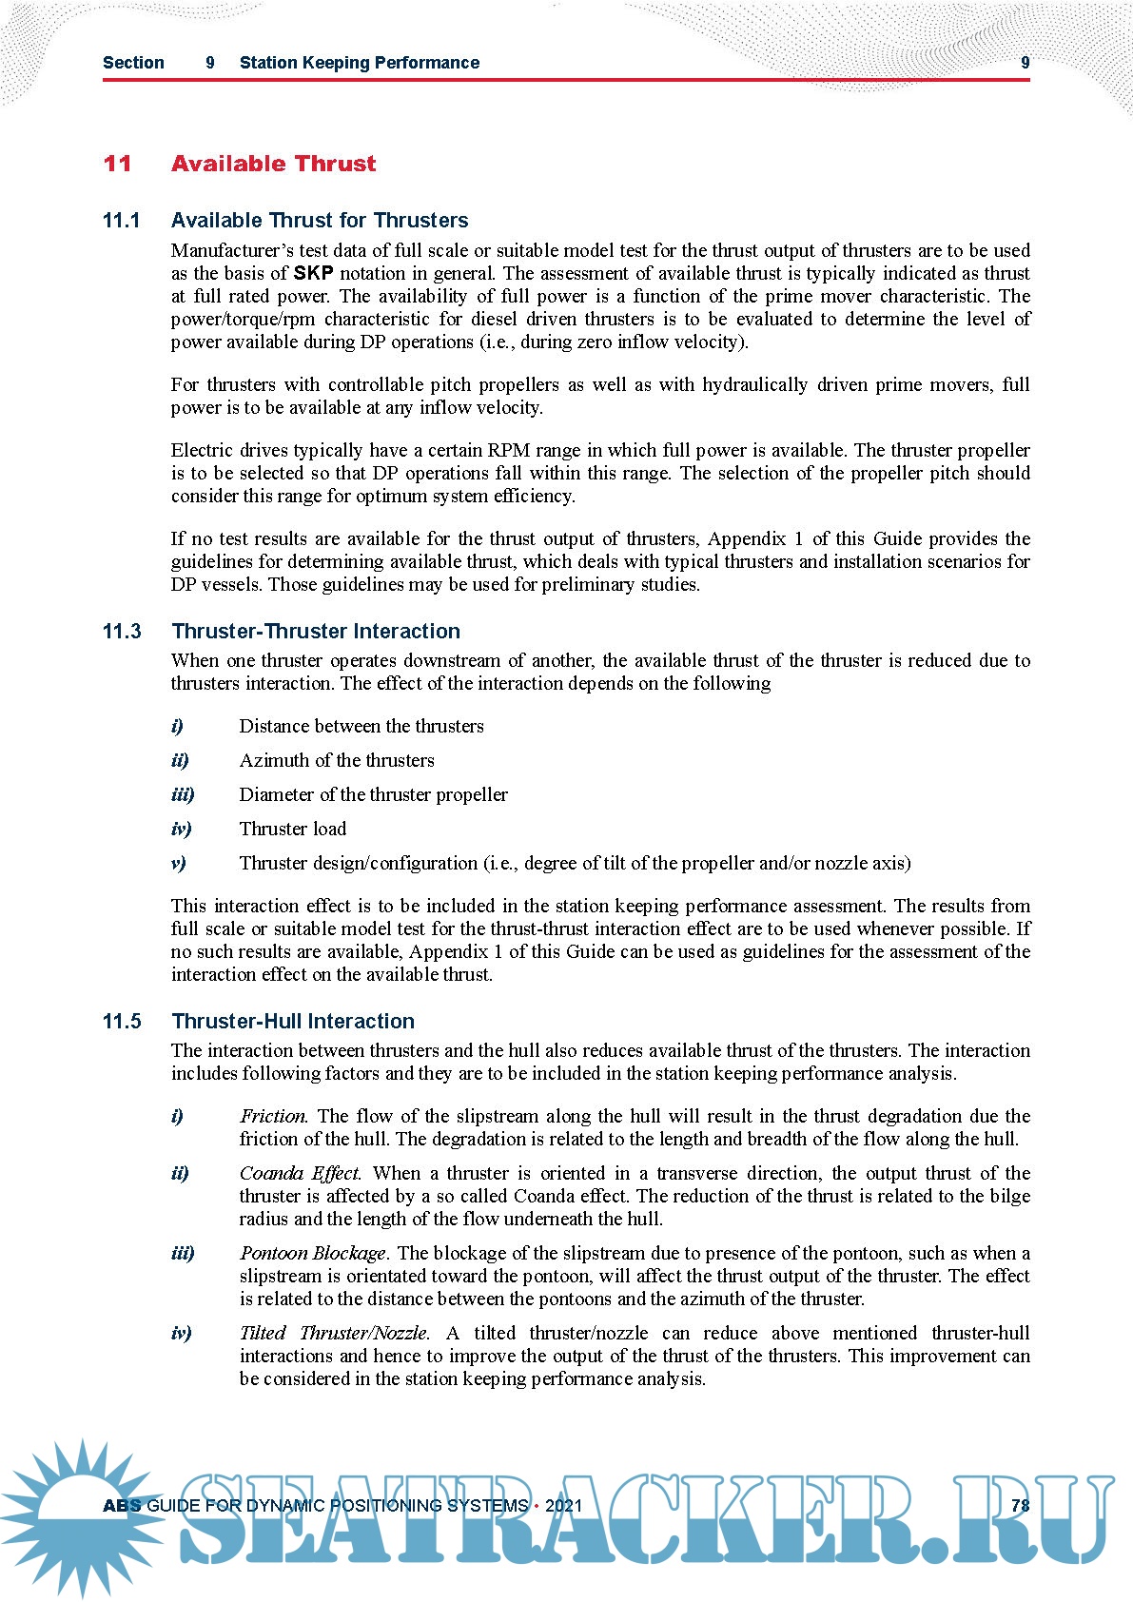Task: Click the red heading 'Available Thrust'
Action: (273, 164)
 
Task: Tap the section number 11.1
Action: (121, 221)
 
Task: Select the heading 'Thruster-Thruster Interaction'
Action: (316, 632)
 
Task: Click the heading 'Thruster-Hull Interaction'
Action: (293, 1022)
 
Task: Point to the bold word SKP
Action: (313, 274)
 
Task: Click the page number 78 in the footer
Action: (1020, 1506)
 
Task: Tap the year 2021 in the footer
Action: (563, 1506)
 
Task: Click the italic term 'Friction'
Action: (273, 1116)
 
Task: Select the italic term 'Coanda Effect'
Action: (300, 1173)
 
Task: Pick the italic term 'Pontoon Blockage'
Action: (313, 1253)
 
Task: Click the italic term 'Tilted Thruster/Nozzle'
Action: (334, 1333)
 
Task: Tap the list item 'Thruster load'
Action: (293, 829)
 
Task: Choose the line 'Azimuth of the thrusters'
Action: (337, 760)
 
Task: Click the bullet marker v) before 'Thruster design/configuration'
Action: (178, 863)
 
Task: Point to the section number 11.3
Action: (122, 632)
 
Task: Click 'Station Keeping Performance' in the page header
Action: (360, 63)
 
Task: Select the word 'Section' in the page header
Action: (133, 63)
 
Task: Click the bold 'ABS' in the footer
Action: (122, 1506)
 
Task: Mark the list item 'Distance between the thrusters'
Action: (361, 726)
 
